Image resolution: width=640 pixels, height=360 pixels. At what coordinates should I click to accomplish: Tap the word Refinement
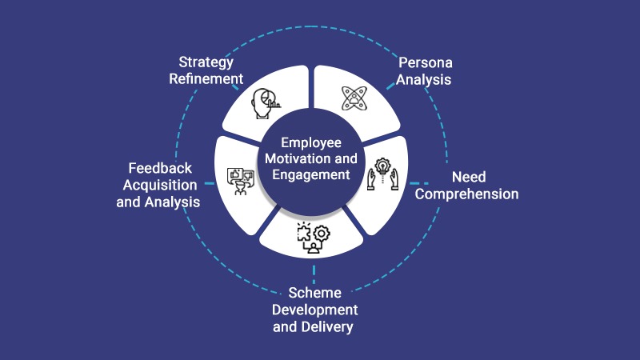tap(206, 78)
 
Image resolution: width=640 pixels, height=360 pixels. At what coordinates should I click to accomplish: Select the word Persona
tap(425, 62)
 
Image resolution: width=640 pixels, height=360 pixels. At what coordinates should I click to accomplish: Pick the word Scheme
tap(314, 292)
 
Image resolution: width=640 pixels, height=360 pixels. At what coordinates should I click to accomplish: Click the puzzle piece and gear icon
tap(313, 238)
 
